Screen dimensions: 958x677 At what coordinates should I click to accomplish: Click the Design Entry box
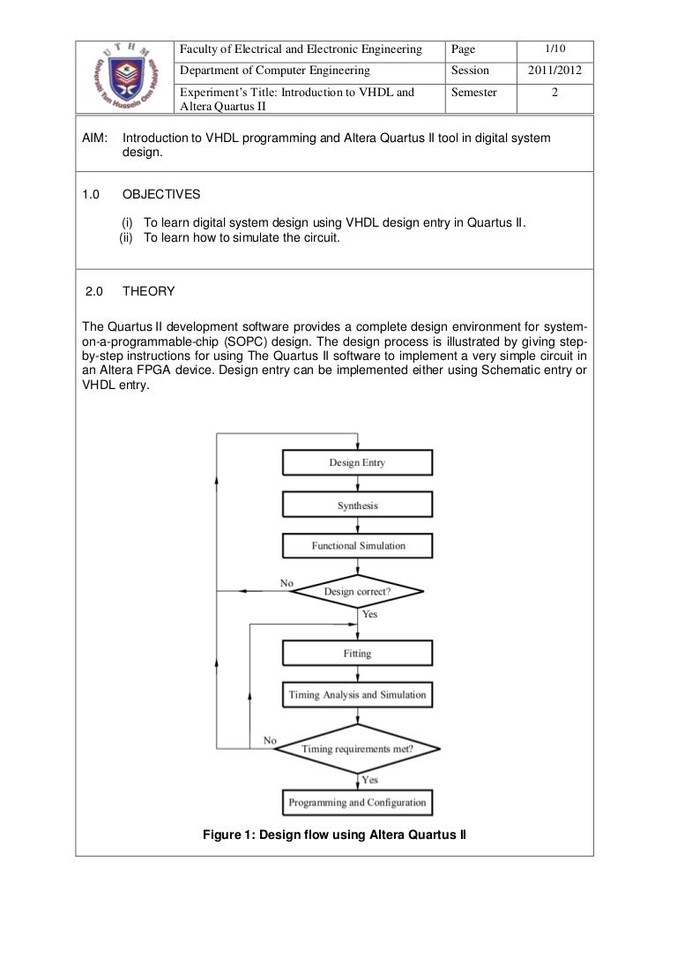click(357, 462)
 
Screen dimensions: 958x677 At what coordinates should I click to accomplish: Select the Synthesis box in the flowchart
click(357, 505)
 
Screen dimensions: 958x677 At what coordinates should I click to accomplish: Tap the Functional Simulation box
click(357, 546)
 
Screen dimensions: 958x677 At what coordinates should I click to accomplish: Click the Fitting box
click(357, 653)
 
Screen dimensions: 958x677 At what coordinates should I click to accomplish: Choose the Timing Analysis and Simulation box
click(357, 694)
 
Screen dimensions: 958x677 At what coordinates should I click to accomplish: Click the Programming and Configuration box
click(357, 802)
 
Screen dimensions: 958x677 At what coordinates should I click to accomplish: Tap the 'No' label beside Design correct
click(286, 583)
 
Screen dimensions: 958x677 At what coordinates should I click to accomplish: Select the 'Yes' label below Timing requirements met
click(370, 780)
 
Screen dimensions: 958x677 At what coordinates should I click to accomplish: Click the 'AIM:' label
click(93, 139)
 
